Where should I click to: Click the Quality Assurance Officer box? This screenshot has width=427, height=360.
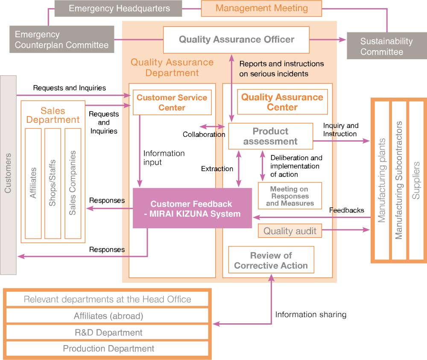[x=236, y=40]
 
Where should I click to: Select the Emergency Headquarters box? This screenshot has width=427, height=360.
[x=119, y=9]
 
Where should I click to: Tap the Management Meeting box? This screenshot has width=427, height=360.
[x=261, y=9]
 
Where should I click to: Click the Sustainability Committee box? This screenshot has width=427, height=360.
[x=386, y=46]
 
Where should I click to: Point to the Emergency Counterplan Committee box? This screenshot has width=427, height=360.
[x=62, y=39]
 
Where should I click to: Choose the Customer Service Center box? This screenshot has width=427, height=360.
[x=172, y=102]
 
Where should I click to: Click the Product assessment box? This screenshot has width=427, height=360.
[x=270, y=136]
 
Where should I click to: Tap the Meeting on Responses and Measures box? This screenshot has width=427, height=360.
[x=290, y=196]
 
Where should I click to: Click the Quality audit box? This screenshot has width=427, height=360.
[x=290, y=231]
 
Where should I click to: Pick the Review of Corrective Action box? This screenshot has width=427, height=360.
[x=271, y=260]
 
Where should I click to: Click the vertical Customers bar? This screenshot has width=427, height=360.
[x=8, y=175]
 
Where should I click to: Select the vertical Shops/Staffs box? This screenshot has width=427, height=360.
[x=53, y=183]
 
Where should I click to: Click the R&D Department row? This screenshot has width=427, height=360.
[x=108, y=332]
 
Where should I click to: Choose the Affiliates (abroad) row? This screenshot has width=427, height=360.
[x=108, y=316]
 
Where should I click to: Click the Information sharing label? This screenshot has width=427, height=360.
[x=310, y=315]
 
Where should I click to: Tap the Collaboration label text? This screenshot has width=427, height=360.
[x=204, y=134]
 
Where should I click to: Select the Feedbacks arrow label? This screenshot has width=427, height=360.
[x=346, y=210]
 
